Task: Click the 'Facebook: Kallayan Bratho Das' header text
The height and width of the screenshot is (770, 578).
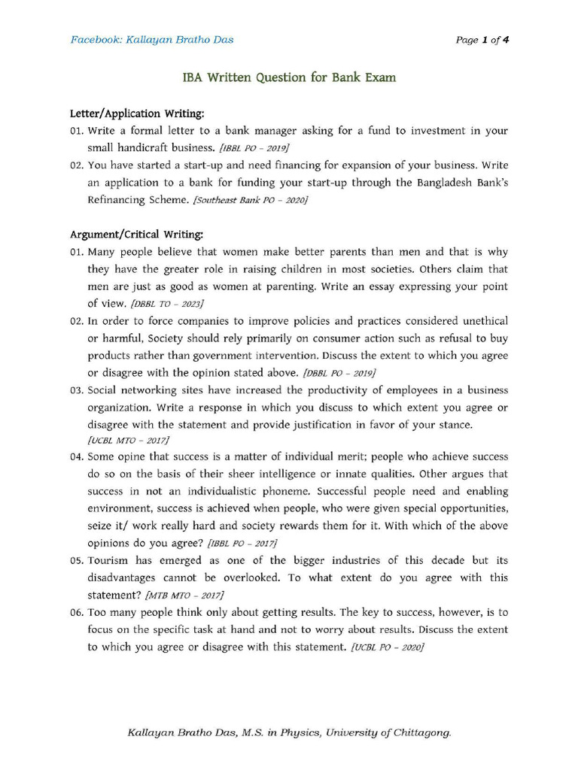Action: click(x=151, y=40)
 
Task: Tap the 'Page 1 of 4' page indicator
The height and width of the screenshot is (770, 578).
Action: click(x=482, y=40)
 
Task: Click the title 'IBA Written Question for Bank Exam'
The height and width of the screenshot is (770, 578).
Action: click(x=290, y=77)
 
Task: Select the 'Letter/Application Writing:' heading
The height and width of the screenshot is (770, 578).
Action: click(x=137, y=114)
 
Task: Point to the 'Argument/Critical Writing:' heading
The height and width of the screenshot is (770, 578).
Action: click(x=136, y=235)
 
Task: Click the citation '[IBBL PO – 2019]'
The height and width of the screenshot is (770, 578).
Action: click(x=254, y=149)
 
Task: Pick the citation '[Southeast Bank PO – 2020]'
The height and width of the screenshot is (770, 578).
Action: click(x=250, y=201)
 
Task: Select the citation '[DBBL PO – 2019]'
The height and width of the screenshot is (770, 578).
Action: click(x=339, y=373)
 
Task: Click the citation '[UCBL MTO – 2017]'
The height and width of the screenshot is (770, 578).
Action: click(x=128, y=440)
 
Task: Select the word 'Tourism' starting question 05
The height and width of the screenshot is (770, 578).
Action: click(x=108, y=560)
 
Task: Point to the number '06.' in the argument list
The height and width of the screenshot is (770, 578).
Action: click(x=76, y=613)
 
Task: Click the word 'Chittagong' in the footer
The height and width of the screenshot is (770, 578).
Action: click(x=418, y=732)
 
